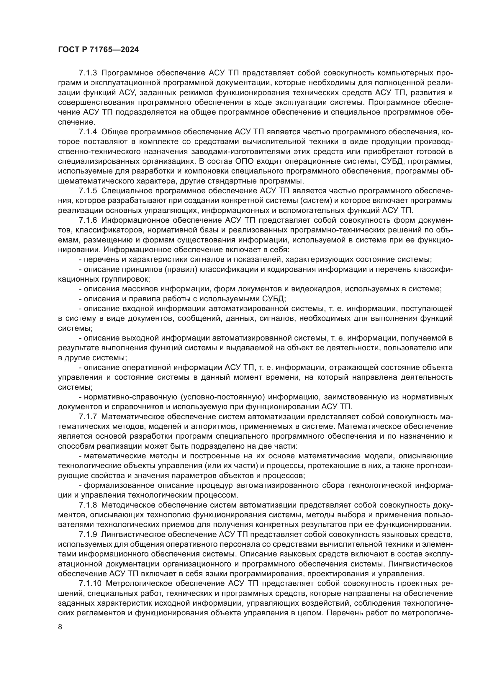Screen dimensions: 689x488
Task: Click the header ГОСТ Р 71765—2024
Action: [98, 50]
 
